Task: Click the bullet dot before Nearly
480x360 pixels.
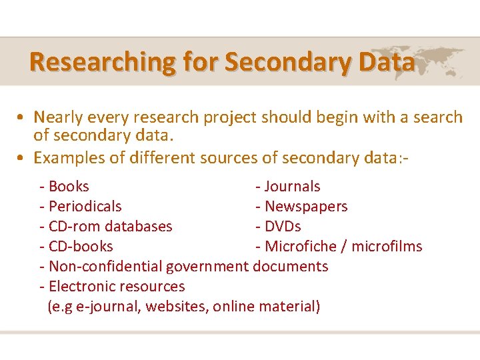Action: [x=22, y=118]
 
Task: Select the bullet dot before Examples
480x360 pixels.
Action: [x=22, y=158]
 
